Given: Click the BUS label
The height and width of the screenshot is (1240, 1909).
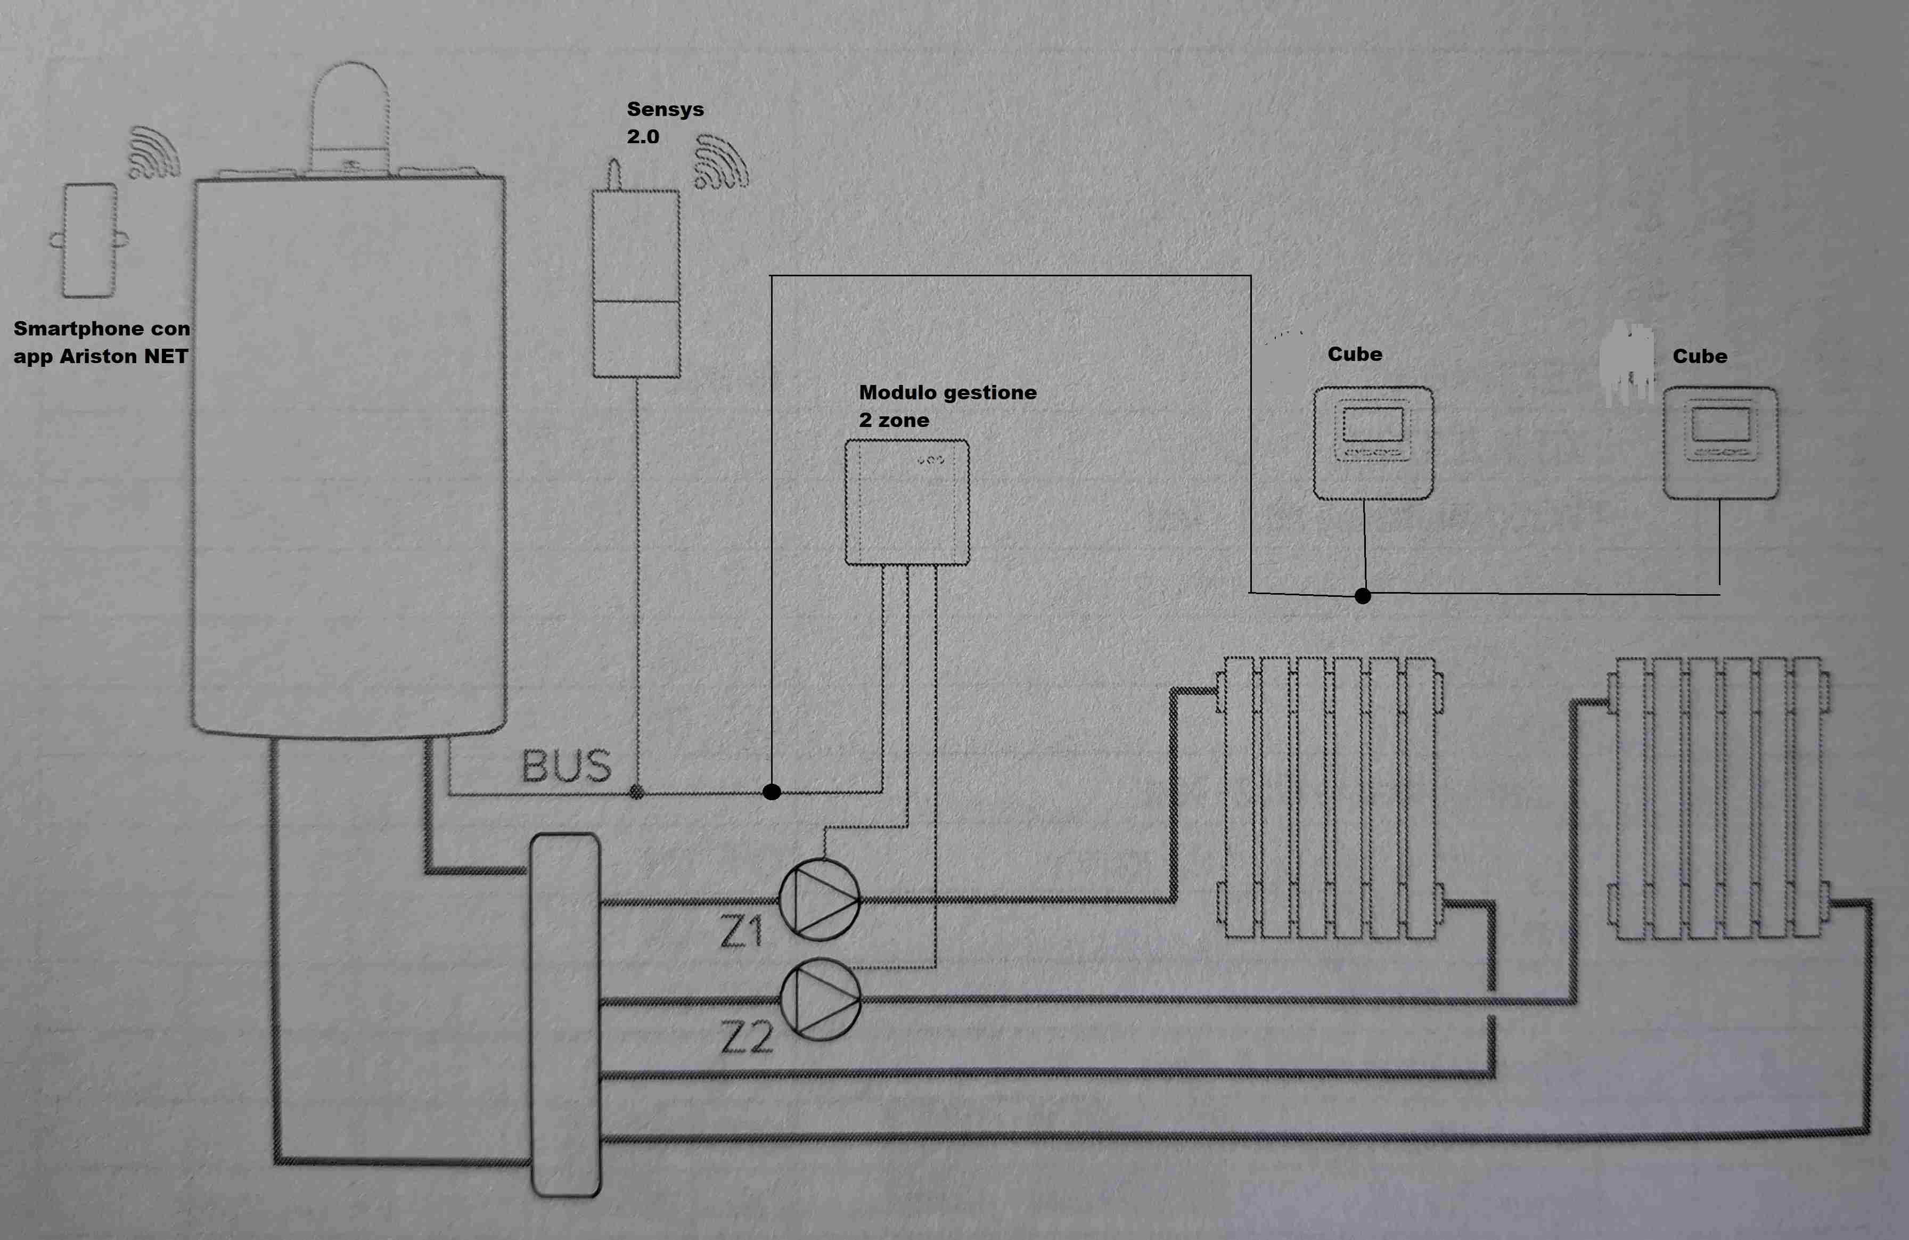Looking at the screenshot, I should pos(566,767).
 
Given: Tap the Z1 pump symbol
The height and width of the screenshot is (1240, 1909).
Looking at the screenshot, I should pos(820,900).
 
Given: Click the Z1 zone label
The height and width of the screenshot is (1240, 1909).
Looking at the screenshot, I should pos(741,932).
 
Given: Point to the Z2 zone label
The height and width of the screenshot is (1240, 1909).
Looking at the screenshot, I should pos(747,1037).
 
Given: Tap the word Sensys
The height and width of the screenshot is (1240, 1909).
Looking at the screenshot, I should pos(665,109).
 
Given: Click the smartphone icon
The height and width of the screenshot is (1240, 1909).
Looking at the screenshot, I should pos(90,240).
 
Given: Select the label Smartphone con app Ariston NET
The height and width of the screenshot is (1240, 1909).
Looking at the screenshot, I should pos(101,342).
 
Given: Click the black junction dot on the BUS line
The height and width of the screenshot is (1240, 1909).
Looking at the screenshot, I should pos(772,792).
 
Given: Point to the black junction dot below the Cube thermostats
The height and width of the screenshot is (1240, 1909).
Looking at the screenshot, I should pos(1363,596).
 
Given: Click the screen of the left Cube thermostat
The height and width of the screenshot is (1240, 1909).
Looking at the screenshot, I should pos(1373,424).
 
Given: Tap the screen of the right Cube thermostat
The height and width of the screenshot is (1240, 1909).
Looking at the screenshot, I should pos(1720,424).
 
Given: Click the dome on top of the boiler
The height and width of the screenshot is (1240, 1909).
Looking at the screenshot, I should pos(350,108).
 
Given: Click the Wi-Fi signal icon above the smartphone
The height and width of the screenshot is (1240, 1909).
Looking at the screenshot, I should pos(155,152).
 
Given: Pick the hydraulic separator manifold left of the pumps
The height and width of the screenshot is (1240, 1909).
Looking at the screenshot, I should pos(566,1015).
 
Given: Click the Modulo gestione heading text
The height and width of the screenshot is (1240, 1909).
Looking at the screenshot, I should pos(947,392).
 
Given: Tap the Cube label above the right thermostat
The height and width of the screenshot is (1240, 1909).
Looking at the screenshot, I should pos(1700,356).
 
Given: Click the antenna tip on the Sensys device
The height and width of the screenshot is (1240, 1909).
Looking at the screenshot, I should pos(615,165).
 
